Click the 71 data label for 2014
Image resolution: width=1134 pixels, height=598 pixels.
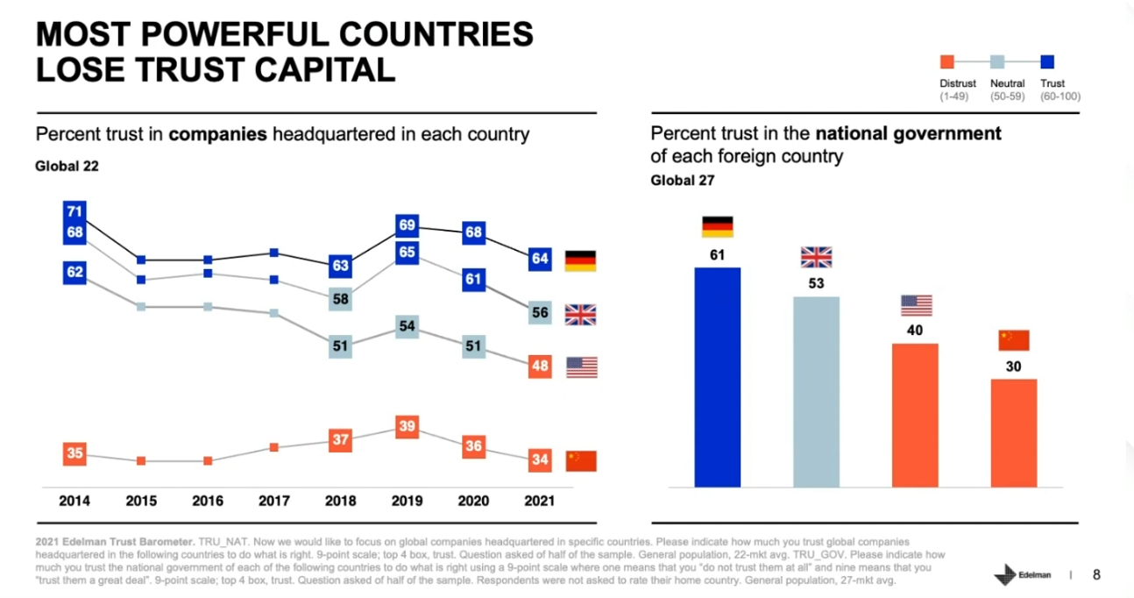click(74, 211)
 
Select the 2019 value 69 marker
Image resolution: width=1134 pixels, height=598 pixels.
click(407, 225)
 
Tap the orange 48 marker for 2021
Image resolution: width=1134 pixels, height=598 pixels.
click(540, 367)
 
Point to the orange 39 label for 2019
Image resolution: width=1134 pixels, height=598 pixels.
click(407, 427)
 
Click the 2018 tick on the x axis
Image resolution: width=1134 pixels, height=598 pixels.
click(340, 502)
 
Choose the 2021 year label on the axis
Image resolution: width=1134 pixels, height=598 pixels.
click(539, 502)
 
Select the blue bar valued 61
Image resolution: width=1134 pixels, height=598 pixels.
click(717, 377)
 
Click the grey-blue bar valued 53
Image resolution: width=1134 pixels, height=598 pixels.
click(816, 392)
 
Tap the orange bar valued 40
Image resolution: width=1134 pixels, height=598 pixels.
click(915, 415)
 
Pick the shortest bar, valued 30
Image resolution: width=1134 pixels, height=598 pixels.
click(1014, 432)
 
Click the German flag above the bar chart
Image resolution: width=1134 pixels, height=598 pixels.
click(717, 226)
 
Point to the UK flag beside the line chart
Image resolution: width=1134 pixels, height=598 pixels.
click(580, 315)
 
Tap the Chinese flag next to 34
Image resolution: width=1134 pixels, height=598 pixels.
click(580, 461)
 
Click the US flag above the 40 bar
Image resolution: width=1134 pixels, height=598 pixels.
click(916, 305)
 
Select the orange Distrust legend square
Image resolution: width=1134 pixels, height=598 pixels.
click(946, 62)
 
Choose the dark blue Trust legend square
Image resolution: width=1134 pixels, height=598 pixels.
click(1046, 62)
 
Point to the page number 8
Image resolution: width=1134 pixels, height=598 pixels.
click(1096, 575)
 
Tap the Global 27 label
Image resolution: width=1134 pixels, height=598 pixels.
click(683, 181)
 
